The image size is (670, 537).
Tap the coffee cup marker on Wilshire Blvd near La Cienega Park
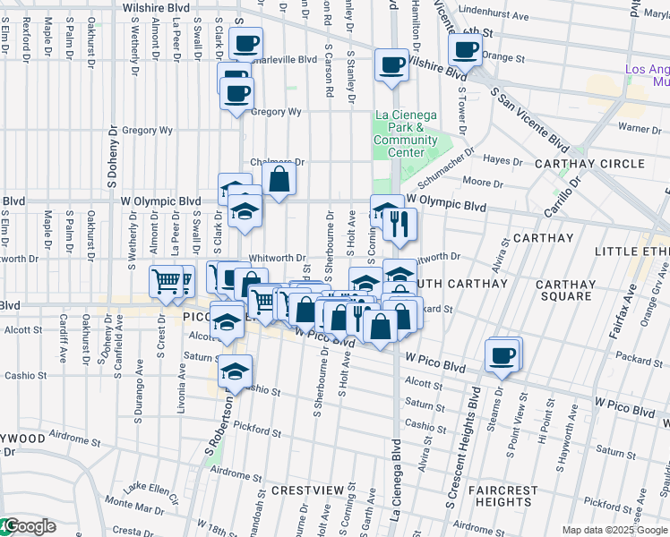(x=392, y=65)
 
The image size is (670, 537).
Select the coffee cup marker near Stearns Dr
(x=502, y=355)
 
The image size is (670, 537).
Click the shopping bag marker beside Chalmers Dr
(x=279, y=179)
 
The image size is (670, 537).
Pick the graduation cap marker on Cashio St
(x=235, y=371)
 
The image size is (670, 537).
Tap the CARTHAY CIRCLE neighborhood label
(x=601, y=164)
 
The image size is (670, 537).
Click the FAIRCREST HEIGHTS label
(x=507, y=497)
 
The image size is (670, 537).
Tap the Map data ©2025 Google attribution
(x=614, y=530)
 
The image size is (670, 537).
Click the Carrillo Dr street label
(x=562, y=199)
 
